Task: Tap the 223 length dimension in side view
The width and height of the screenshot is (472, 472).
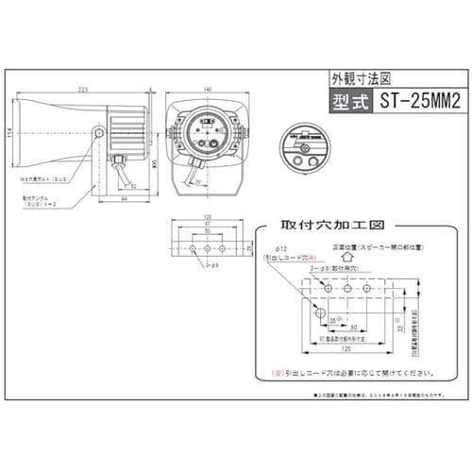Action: point(83,88)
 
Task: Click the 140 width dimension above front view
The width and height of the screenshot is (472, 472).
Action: point(207,88)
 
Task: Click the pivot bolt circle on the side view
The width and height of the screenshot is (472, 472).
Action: point(99,134)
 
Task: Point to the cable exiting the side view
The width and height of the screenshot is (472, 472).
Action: point(120,171)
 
